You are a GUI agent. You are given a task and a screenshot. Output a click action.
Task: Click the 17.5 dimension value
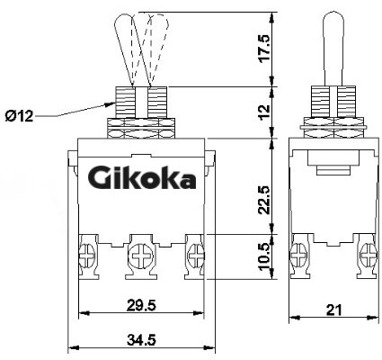(x=264, y=49)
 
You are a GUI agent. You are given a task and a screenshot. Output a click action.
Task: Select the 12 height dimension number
(x=264, y=112)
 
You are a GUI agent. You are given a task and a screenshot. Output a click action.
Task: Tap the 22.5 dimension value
(x=264, y=200)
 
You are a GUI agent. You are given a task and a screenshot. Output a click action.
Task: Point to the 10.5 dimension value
(x=264, y=256)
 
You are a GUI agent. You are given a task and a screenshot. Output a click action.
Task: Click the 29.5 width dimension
(x=141, y=306)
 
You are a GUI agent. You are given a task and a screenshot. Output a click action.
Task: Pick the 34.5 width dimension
(x=141, y=340)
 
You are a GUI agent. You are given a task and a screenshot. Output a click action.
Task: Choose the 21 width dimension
(x=333, y=310)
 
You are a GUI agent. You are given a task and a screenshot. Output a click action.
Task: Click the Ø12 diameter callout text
(x=19, y=116)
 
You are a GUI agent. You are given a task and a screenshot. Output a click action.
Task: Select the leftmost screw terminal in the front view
(x=87, y=256)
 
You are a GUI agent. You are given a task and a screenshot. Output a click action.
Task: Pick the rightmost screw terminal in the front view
(x=195, y=256)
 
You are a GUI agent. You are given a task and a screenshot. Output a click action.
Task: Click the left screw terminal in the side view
(x=299, y=256)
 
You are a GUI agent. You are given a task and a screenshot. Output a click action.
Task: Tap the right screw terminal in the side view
(x=368, y=256)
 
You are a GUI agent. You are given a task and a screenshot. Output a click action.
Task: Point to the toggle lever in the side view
(x=333, y=49)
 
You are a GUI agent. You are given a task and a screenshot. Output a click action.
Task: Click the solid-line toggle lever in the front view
(x=131, y=50)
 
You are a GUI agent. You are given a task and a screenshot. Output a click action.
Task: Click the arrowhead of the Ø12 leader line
(x=111, y=104)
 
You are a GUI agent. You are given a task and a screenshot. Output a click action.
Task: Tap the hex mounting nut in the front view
(x=140, y=128)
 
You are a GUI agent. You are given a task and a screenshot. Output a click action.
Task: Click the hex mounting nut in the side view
(x=333, y=127)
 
